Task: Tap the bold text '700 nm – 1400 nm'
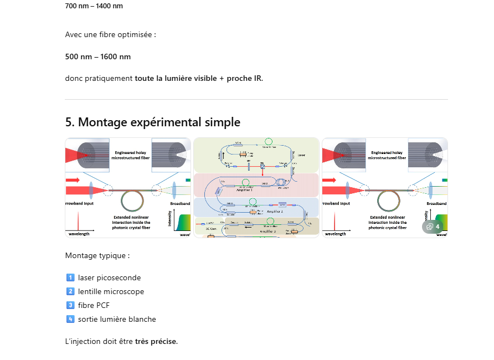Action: pos(94,6)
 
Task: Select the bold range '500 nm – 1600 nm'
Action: pos(97,56)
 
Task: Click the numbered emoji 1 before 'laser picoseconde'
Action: pos(70,277)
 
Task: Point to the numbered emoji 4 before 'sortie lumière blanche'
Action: pos(70,319)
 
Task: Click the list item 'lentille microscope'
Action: pos(111,291)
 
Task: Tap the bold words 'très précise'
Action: pos(156,341)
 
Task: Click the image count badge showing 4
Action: pos(432,227)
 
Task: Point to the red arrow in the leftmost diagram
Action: pos(73,181)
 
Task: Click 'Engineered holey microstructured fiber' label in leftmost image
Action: pos(130,155)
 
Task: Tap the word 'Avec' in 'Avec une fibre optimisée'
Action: pos(74,35)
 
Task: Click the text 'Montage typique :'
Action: pos(97,256)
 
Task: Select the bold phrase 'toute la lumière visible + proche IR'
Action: pos(198,78)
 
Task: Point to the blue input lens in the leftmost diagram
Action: pos(89,190)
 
